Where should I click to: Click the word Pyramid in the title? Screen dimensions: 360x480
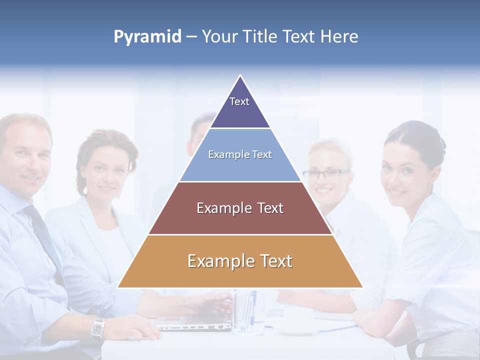[147, 37]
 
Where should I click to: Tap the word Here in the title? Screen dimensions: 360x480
[338, 36]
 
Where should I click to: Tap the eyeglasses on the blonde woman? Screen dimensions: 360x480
[326, 174]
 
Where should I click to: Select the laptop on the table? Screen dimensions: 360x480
[195, 320]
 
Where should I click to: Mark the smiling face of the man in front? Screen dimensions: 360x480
[27, 160]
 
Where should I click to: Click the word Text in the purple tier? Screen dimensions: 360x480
[239, 101]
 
